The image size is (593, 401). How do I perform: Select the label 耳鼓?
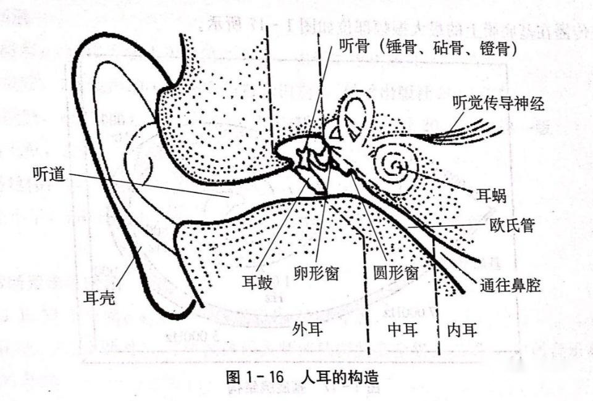(257, 282)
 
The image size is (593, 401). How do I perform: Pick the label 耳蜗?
(491, 196)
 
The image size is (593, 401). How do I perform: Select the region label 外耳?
(308, 329)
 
